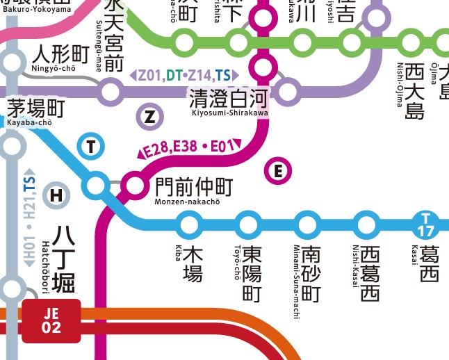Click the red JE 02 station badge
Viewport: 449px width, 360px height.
[x=51, y=320]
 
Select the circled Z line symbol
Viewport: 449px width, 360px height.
[x=149, y=116]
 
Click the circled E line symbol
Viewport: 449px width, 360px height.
[x=279, y=170]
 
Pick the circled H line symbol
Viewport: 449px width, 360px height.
[x=56, y=196]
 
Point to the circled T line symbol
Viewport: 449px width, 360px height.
[x=90, y=145]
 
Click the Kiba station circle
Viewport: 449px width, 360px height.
[x=189, y=224]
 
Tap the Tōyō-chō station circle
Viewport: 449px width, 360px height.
[x=248, y=224]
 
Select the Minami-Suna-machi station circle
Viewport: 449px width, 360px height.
[x=307, y=224]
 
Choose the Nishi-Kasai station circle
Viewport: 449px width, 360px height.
[x=366, y=224]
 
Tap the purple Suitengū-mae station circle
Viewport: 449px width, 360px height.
[x=111, y=91]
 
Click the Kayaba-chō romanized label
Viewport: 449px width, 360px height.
[x=29, y=122]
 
